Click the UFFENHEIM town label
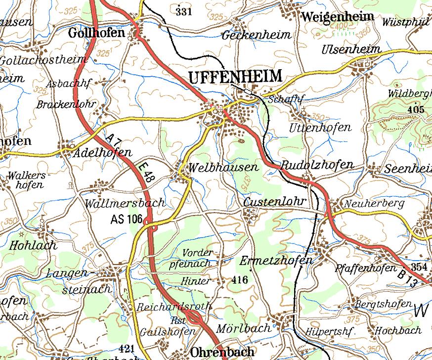pyautogui.click(x=235, y=77)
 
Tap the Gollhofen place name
pyautogui.click(x=96, y=33)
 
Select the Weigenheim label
pyautogui.click(x=337, y=16)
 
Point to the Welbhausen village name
pyautogui.click(x=223, y=168)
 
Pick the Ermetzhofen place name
pyautogui.click(x=276, y=261)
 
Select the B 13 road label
pyautogui.click(x=408, y=277)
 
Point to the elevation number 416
pyautogui.click(x=239, y=280)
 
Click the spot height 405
pyautogui.click(x=416, y=110)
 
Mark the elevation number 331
pyautogui.click(x=183, y=11)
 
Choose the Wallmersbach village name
pyautogui.click(x=125, y=203)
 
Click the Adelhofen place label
pyautogui.click(x=102, y=153)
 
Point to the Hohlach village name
pyautogui.click(x=33, y=245)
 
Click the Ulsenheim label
pyautogui.click(x=351, y=49)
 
